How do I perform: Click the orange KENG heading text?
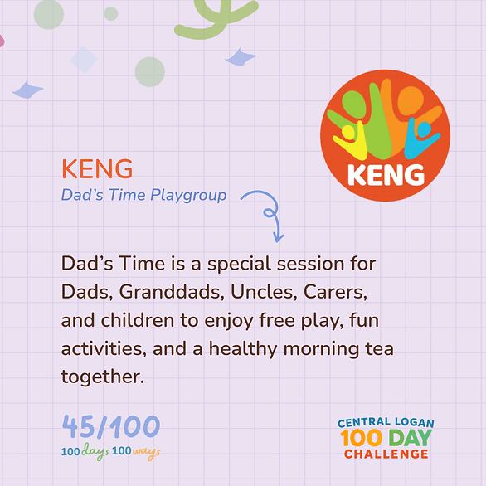point(97,168)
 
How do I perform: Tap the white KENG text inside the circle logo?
point(386,175)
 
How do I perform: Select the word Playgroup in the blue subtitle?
point(188,196)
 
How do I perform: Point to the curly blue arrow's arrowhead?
point(278,238)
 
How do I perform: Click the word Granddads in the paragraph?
point(172,292)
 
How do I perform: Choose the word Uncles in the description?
point(264,292)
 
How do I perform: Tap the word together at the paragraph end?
point(103,377)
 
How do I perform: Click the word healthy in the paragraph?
point(243,348)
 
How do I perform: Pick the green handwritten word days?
point(95,451)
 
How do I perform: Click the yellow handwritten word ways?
point(146,452)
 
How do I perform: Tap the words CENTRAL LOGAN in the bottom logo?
point(386,422)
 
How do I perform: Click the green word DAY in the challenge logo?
point(410,438)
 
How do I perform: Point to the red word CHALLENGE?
point(386,454)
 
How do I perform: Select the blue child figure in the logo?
point(420,139)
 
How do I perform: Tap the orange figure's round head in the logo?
point(410,100)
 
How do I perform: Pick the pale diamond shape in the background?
point(84,60)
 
